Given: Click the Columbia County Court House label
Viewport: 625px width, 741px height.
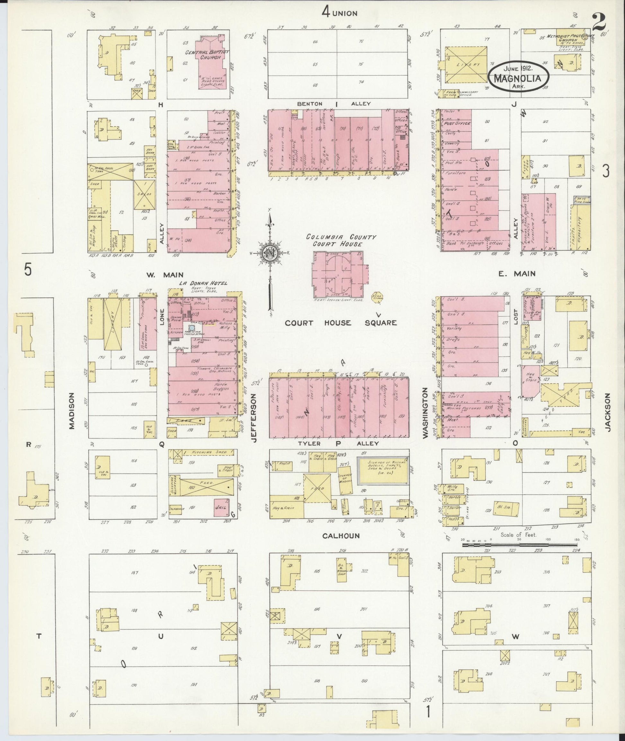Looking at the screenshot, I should tap(341, 240).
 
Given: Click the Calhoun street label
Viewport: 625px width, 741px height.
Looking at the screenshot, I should tap(341, 536).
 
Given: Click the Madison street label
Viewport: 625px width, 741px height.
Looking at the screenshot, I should tap(72, 411).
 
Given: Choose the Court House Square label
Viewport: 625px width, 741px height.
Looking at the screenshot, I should tap(341, 323).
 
